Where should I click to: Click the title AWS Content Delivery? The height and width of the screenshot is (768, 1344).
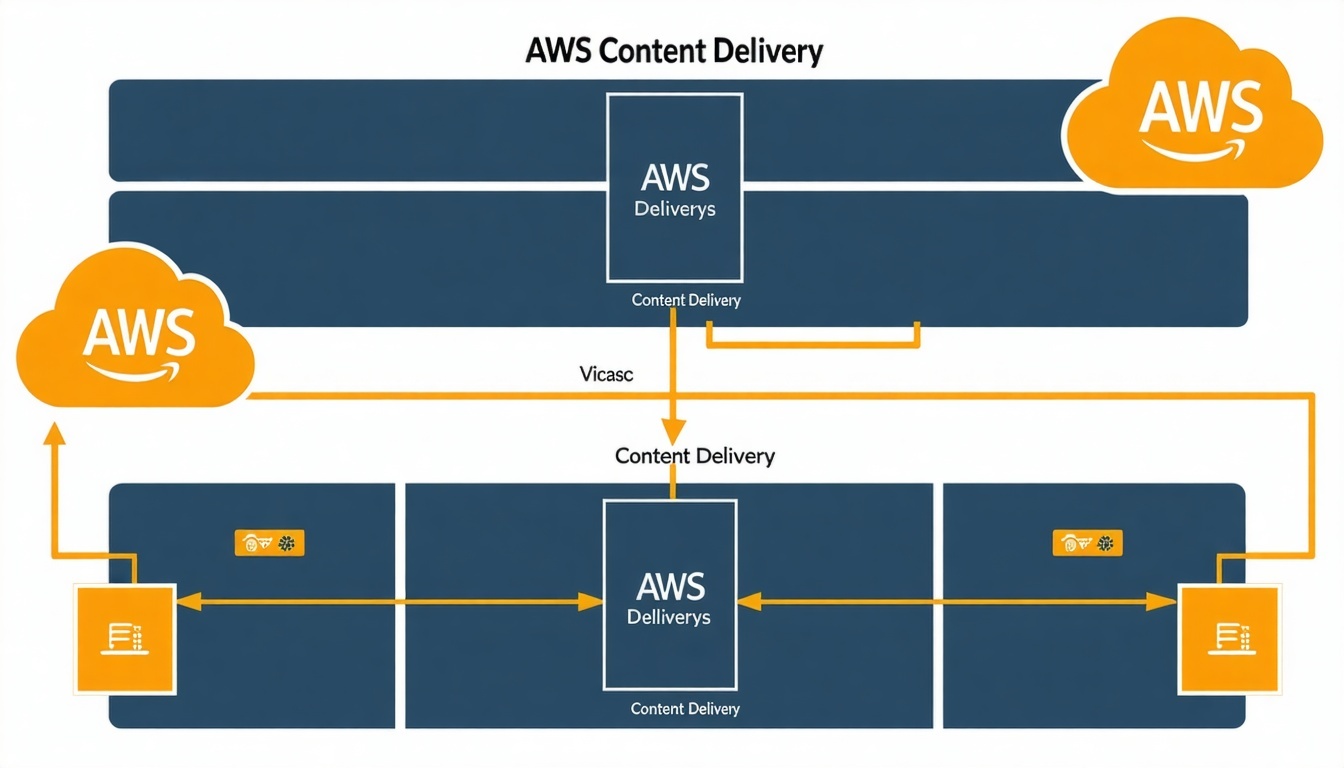[673, 51]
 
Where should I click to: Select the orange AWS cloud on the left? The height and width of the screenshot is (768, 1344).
[137, 335]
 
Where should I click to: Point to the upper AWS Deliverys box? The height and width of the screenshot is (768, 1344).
[674, 187]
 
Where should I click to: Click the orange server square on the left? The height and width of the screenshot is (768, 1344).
[126, 639]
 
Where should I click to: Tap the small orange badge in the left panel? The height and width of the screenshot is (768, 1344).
[268, 543]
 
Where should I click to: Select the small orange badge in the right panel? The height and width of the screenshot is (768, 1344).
[1088, 543]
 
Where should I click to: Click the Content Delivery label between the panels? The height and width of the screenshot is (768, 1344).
[695, 456]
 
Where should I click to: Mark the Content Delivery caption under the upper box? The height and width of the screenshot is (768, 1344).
[686, 300]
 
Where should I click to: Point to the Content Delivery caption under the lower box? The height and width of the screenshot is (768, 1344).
[685, 709]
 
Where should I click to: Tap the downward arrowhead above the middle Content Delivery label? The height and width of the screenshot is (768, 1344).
[673, 431]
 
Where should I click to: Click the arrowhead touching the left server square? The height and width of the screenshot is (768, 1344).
[188, 601]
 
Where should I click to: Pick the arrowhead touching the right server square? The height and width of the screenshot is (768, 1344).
[1164, 601]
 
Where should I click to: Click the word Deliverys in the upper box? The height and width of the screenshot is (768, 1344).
[675, 211]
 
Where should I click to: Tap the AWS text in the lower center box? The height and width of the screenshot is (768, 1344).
[669, 586]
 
